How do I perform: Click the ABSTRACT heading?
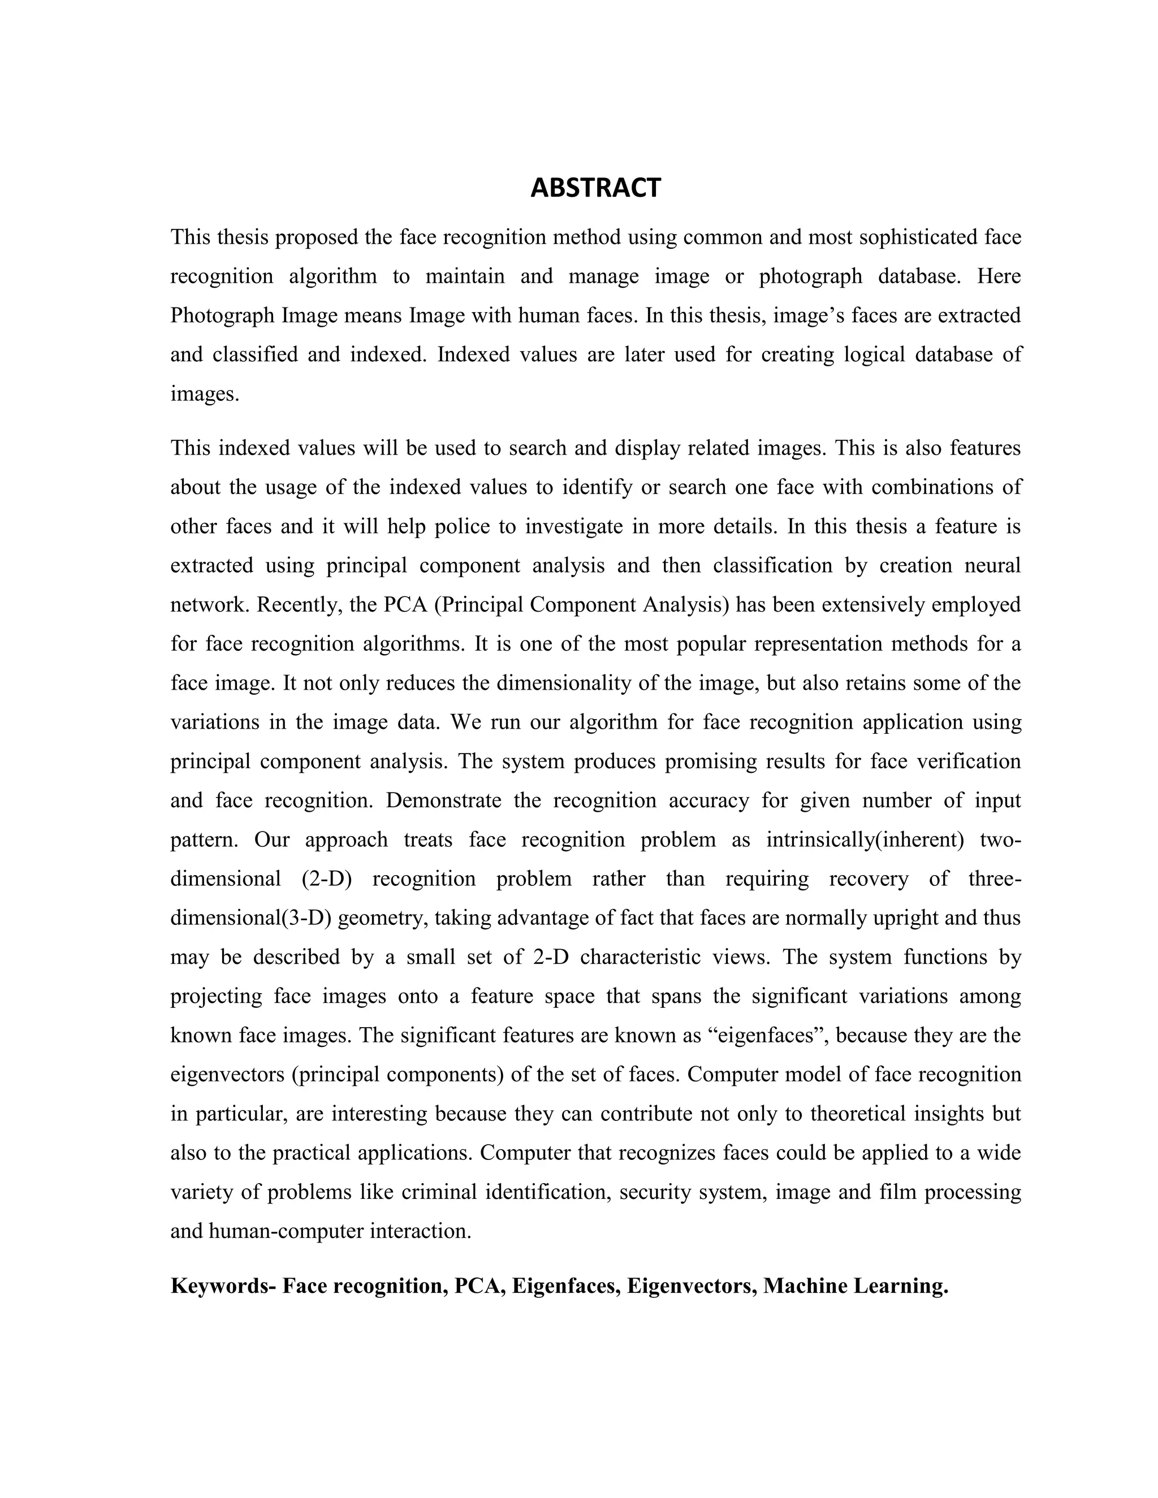[595, 188]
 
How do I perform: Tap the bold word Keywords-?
[223, 1285]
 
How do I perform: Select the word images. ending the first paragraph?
[205, 395]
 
